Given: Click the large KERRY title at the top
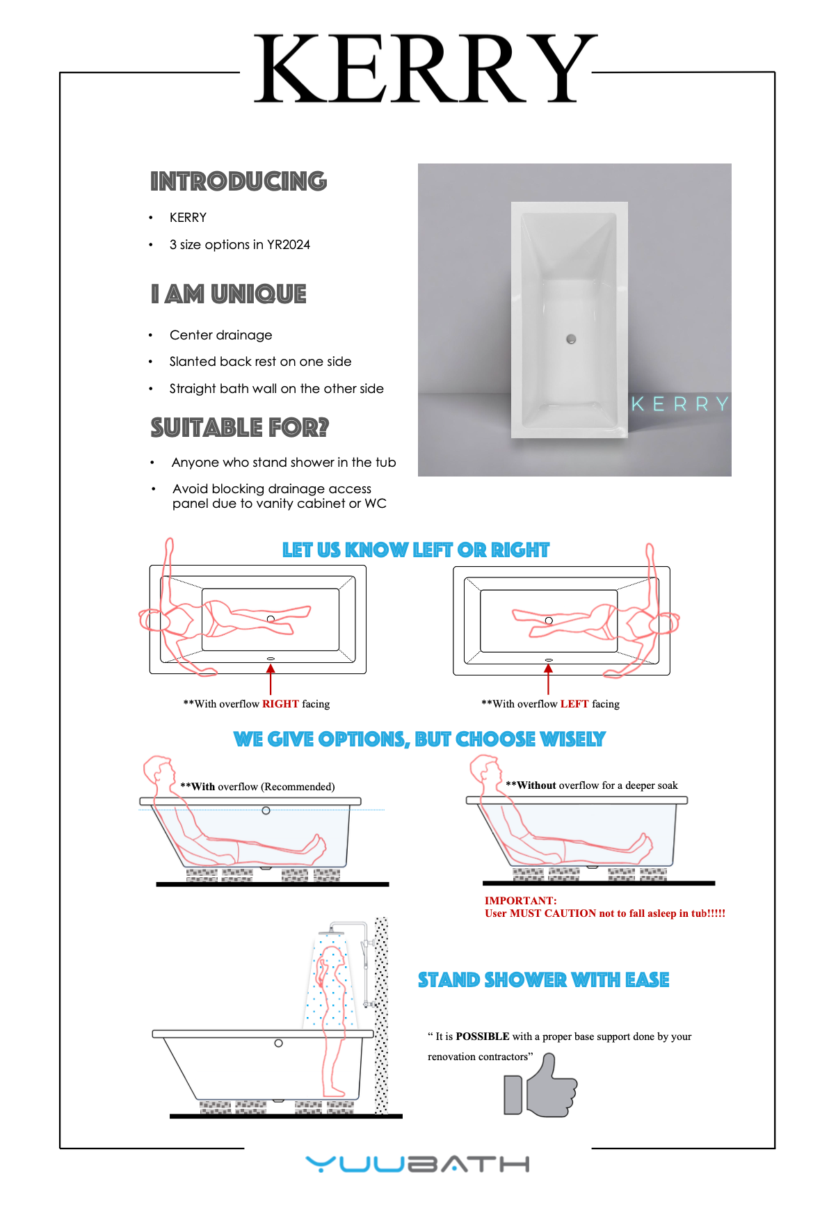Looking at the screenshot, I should pyautogui.click(x=424, y=70).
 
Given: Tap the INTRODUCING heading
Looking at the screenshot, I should pyautogui.click(x=239, y=182).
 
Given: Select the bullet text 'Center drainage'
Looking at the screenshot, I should pyautogui.click(x=220, y=335).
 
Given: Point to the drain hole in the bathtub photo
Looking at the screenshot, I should pyautogui.click(x=571, y=339).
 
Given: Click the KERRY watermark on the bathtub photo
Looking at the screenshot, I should pyautogui.click(x=679, y=404).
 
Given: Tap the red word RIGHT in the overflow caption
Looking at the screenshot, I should pyautogui.click(x=280, y=704).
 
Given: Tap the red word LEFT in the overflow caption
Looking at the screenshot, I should pyautogui.click(x=574, y=704).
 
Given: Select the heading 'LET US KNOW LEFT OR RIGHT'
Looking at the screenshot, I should pyautogui.click(x=415, y=550).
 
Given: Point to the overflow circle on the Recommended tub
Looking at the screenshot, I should pyautogui.click(x=266, y=810).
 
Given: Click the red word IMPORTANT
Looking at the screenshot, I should pyautogui.click(x=520, y=901).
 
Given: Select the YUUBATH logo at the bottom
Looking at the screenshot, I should pyautogui.click(x=417, y=1164).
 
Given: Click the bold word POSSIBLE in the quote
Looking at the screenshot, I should pyautogui.click(x=483, y=1037).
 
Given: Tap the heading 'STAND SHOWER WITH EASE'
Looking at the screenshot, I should pyautogui.click(x=543, y=980).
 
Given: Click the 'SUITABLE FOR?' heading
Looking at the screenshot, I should pyautogui.click(x=239, y=428).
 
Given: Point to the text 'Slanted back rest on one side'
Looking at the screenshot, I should pyautogui.click(x=260, y=362).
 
